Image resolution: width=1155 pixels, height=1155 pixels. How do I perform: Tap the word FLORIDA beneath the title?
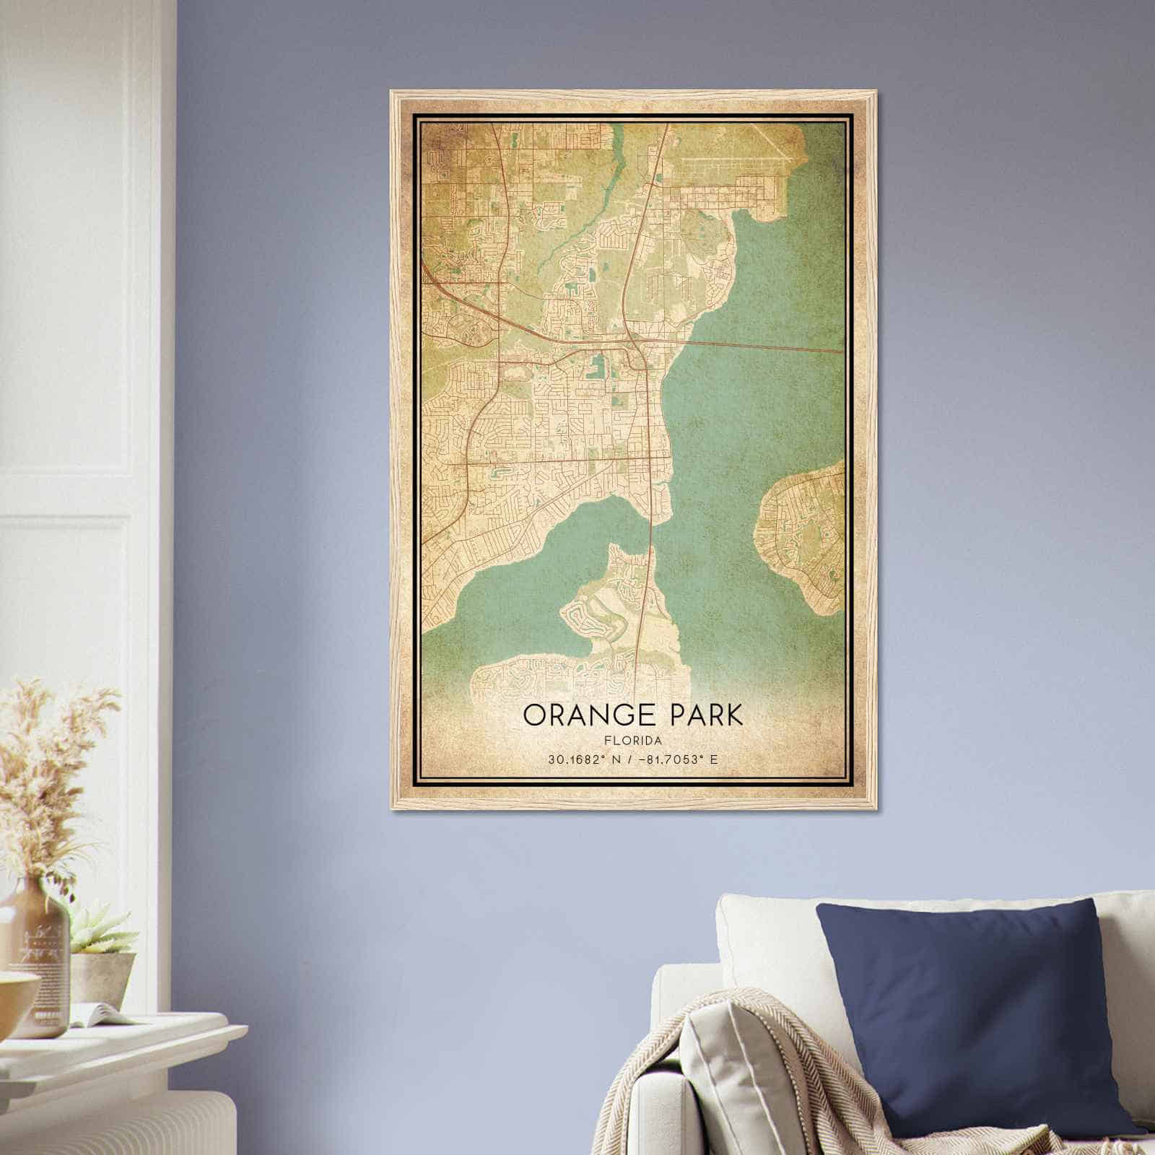pyautogui.click(x=632, y=740)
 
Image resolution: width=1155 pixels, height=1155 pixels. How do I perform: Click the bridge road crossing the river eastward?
pyautogui.click(x=765, y=345)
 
